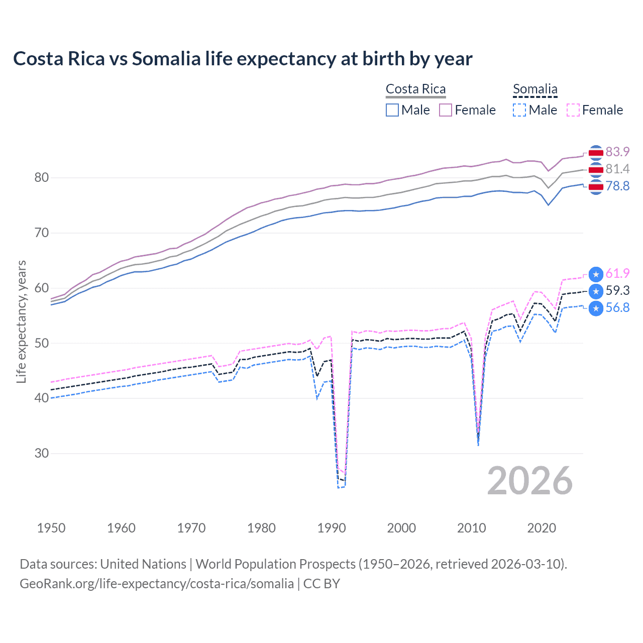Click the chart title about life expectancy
pos(243,59)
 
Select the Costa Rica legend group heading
pos(415,89)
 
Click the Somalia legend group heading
pos(535,89)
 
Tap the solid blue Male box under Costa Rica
pos(392,110)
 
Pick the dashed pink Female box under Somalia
pos(573,110)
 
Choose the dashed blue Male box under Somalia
pos(519,110)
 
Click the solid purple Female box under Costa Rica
pos(446,110)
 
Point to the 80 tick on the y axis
pos(42,177)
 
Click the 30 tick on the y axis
pos(42,453)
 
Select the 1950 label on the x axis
pos(51,528)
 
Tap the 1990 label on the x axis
pos(332,528)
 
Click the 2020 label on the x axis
pos(542,528)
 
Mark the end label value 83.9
pos(617,152)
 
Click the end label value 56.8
pos(617,307)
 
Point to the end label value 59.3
pos(617,290)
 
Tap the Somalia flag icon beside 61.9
pos(596,274)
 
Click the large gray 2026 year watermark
pos(530,481)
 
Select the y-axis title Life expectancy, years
pos(22,321)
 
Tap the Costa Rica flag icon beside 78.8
pos(596,187)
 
